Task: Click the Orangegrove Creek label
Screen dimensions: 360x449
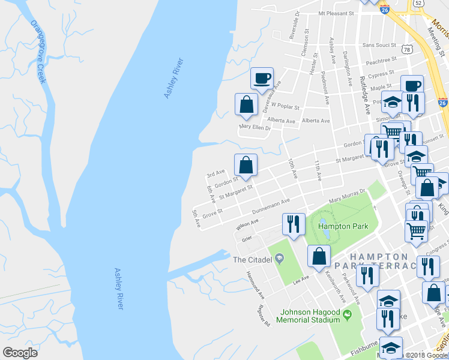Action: coord(40,53)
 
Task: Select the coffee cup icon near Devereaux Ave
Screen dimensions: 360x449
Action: coord(262,78)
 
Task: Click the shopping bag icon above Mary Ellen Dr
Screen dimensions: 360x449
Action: coord(246,104)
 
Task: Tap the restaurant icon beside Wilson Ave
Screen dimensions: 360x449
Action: coord(294,224)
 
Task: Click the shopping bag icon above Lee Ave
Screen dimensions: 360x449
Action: coord(319,256)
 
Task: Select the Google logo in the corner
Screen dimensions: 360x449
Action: coord(20,353)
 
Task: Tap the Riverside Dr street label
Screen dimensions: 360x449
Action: coord(294,29)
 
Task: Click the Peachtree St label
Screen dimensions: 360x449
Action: coord(381,61)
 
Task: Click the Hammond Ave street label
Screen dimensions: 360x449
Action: coord(255,284)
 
